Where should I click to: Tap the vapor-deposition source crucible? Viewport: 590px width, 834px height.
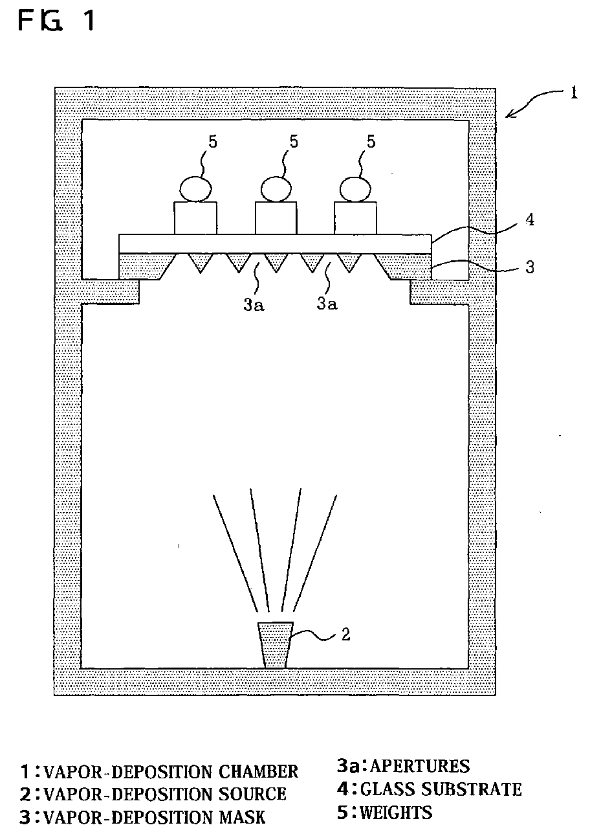point(276,645)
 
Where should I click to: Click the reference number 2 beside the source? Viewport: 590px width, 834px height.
point(346,635)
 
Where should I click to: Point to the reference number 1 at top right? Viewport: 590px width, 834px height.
point(573,93)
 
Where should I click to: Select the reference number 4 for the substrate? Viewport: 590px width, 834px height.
point(529,219)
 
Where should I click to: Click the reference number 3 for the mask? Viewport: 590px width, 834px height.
point(530,266)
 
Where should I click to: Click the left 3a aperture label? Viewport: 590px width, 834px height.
point(254,303)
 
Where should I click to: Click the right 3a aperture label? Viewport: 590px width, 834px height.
point(327,303)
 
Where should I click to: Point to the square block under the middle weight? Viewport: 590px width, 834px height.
point(276,218)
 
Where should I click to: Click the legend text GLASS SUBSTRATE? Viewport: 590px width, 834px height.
point(441,789)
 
